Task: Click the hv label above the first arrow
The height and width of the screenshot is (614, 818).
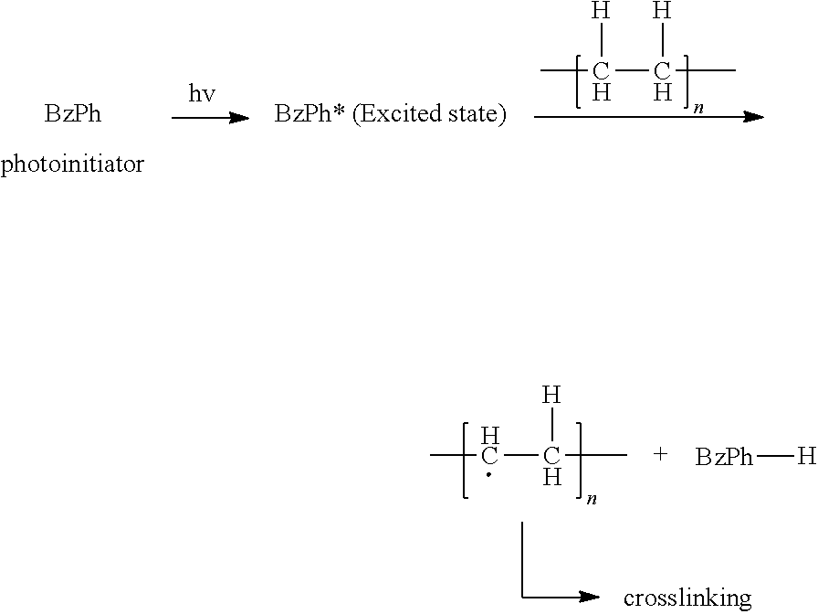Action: click(x=202, y=95)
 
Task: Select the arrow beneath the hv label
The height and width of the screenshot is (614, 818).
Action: click(x=210, y=118)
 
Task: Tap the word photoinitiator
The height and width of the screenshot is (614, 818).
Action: click(x=72, y=165)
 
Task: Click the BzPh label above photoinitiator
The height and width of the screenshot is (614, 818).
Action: click(x=72, y=116)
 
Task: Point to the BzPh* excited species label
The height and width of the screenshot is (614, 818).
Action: click(x=309, y=116)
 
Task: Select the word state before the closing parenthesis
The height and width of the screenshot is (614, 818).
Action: click(x=472, y=116)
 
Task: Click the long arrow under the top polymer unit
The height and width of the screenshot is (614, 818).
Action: click(x=648, y=117)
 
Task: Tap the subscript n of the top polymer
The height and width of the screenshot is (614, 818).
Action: click(x=699, y=108)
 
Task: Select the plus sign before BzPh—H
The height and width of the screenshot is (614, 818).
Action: click(x=660, y=454)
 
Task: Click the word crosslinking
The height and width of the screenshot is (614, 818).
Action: click(x=687, y=598)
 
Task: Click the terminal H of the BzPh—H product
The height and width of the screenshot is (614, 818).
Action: click(x=805, y=456)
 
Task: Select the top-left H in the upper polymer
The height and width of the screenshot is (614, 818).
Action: click(x=600, y=13)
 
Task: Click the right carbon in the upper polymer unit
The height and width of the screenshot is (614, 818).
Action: click(x=663, y=71)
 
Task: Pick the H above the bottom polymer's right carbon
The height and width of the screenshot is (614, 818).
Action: click(x=551, y=396)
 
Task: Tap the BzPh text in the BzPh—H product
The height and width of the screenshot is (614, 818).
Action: click(x=724, y=457)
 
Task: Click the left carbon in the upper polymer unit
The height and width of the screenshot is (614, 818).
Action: click(x=601, y=71)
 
